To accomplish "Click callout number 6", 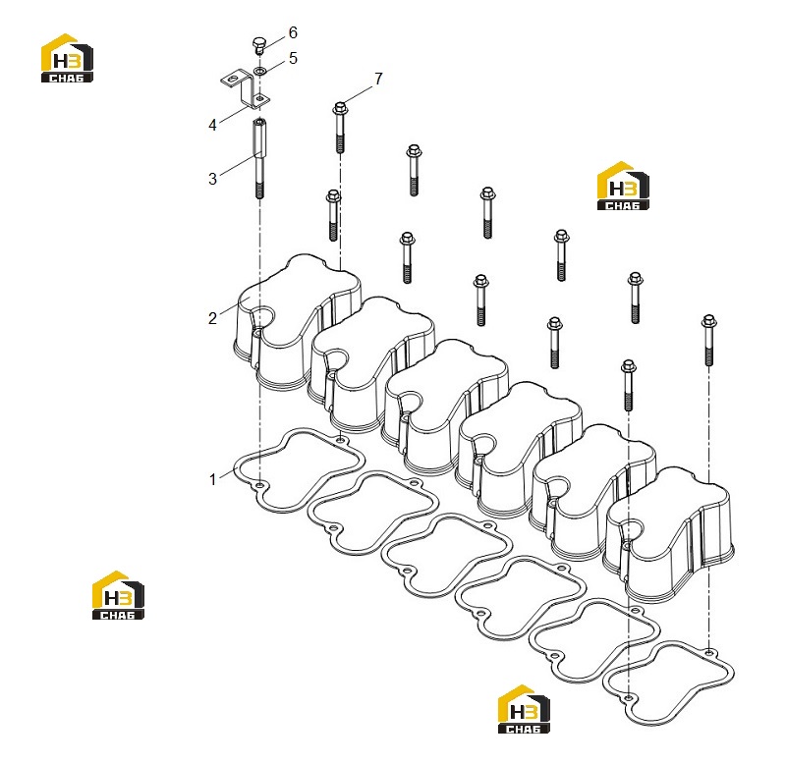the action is [x=293, y=33].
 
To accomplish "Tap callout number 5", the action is [x=293, y=58].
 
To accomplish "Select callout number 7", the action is [x=378, y=79].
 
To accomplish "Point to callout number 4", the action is [x=212, y=126].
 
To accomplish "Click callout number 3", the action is [x=212, y=179].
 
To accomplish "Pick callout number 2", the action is [x=212, y=318].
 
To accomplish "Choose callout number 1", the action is [x=212, y=479].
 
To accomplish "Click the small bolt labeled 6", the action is [x=258, y=45].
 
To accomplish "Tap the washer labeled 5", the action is [x=259, y=71].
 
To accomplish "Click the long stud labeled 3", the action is [x=259, y=158].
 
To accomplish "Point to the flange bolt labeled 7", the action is [x=340, y=127].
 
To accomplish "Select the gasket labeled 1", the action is [x=300, y=470].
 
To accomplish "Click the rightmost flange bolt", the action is [x=708, y=340].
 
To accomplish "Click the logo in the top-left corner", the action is [x=67, y=58].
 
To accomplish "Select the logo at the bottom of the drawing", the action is [x=524, y=709].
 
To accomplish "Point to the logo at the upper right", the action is [x=623, y=186].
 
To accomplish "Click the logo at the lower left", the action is [x=118, y=595].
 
